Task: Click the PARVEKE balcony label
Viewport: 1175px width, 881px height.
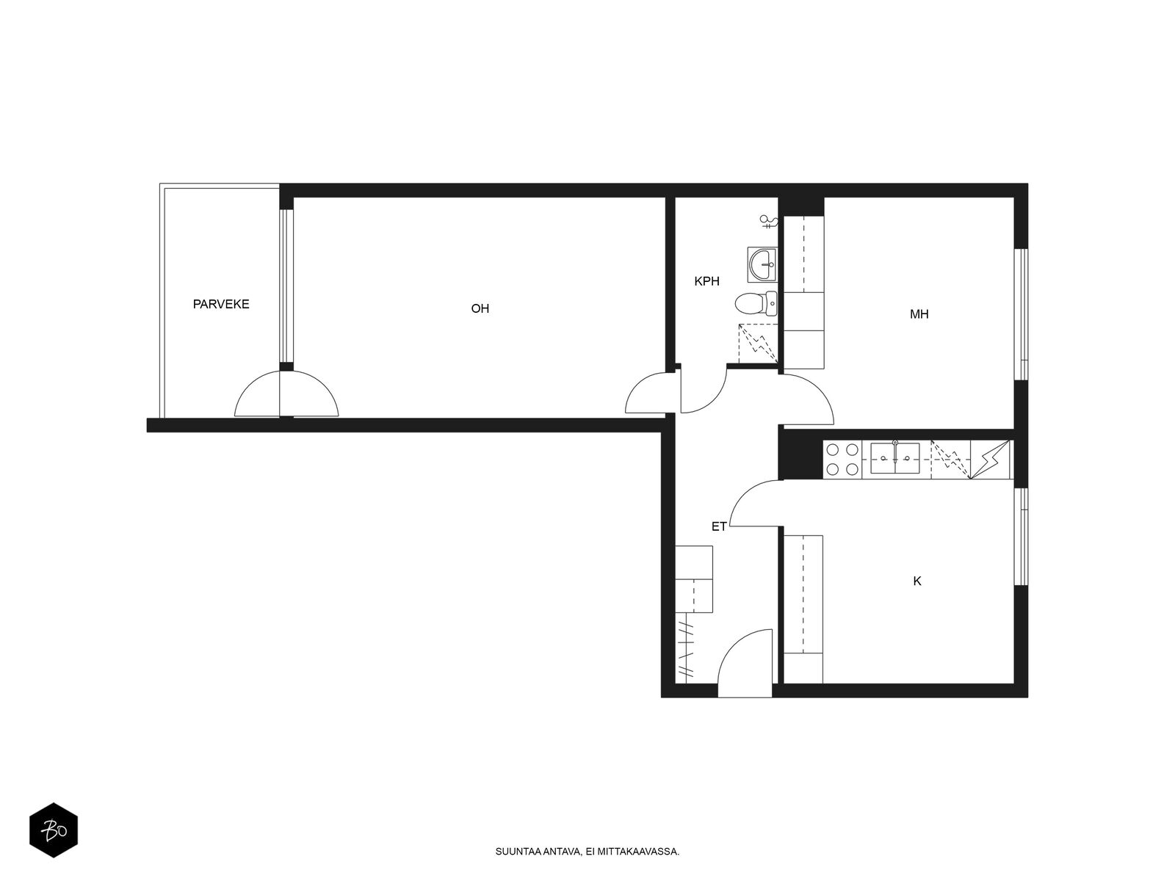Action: click(x=220, y=305)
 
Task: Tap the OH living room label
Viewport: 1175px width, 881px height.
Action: click(x=480, y=308)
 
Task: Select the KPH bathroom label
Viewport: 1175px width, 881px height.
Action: click(x=706, y=281)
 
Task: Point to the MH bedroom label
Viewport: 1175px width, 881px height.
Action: click(x=919, y=314)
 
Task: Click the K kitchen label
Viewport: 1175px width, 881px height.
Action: click(x=917, y=581)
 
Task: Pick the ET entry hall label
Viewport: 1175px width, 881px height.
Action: click(x=719, y=527)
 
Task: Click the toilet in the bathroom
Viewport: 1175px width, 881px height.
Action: click(x=756, y=304)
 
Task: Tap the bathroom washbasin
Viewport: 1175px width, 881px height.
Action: click(x=762, y=265)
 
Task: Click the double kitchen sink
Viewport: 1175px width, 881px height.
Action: click(x=894, y=458)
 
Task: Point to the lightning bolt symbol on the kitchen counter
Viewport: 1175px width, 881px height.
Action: click(x=991, y=460)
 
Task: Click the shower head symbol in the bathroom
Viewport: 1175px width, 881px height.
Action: click(x=769, y=221)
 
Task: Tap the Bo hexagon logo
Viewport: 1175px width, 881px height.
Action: click(x=54, y=830)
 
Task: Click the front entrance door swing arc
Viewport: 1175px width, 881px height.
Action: click(x=734, y=648)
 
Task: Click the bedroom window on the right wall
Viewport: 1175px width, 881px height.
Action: click(x=1022, y=314)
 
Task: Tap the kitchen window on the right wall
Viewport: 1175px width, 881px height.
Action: click(x=1022, y=537)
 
